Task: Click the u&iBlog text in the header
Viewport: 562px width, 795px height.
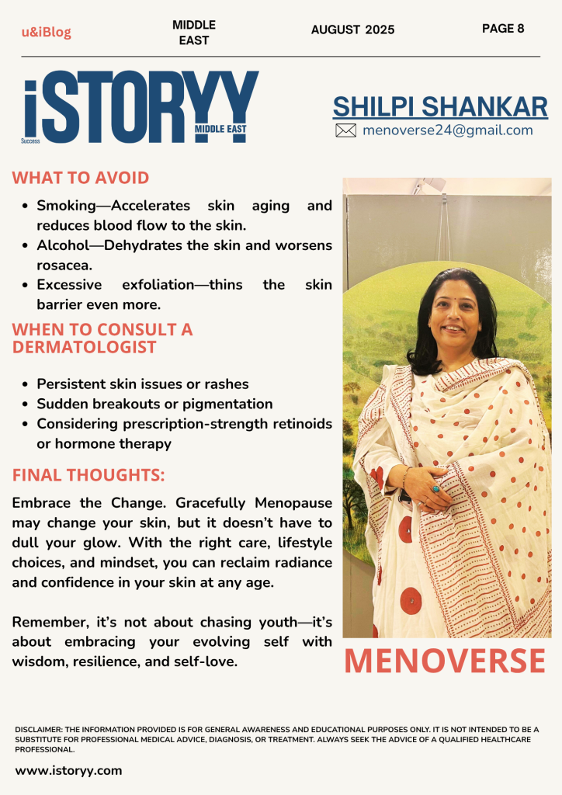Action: pos(46,32)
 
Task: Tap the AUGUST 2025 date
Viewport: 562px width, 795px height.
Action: pos(352,30)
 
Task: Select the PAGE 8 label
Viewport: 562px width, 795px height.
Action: pos(503,29)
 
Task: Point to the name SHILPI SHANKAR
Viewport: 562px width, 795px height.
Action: pos(440,107)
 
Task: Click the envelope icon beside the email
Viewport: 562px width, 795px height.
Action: pos(345,130)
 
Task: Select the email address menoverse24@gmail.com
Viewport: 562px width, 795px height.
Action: pos(448,130)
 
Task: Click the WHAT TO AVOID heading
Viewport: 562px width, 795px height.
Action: pos(81,178)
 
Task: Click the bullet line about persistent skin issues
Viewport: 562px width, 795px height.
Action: pos(143,384)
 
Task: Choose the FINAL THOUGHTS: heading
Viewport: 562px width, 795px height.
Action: pos(88,474)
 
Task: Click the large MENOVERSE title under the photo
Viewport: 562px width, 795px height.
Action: pos(445,661)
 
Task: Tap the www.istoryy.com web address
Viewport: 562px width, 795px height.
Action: pos(68,771)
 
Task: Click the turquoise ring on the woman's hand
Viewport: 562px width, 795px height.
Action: pos(435,489)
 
